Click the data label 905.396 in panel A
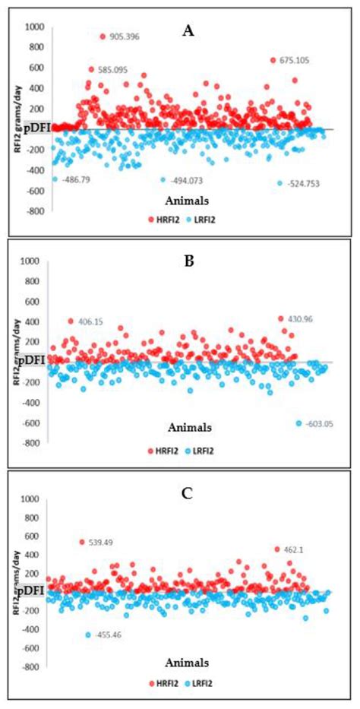point(127,36)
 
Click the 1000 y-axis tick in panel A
point(35,27)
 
